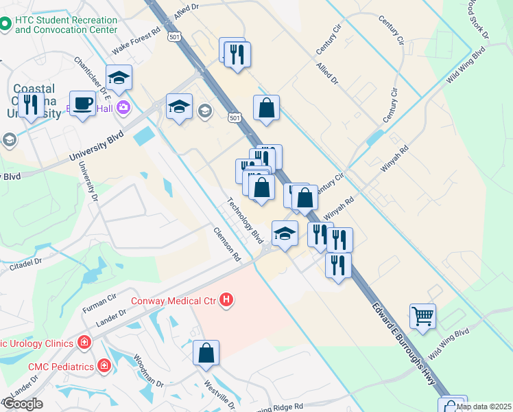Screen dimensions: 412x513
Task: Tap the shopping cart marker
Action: pos(422,317)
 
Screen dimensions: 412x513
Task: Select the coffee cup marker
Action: pos(82,104)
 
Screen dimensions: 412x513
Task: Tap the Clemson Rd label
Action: pos(227,244)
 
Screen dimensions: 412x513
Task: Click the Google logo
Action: pos(23,404)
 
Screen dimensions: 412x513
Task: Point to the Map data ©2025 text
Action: pos(483,407)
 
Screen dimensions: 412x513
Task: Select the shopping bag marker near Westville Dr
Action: pos(206,354)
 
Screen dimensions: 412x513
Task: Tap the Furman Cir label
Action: pos(99,299)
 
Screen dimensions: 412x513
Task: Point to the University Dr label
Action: pos(88,182)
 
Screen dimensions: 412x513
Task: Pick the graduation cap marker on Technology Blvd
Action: pos(285,233)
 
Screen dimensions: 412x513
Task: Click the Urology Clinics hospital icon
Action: pos(84,341)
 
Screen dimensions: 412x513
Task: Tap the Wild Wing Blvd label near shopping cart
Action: pos(450,342)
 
